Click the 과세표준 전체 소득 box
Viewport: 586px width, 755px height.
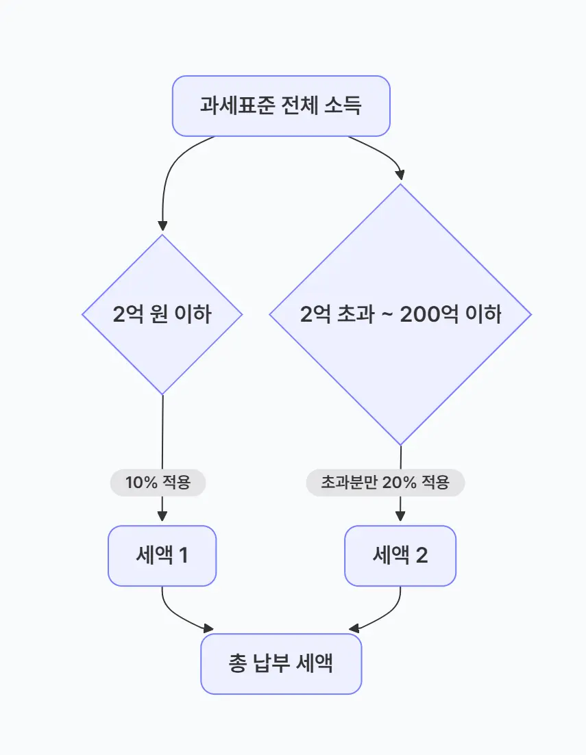click(281, 106)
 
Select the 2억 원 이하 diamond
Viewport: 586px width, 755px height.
click(162, 315)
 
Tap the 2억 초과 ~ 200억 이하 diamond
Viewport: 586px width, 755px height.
click(400, 315)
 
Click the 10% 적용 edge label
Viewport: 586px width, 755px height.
click(158, 483)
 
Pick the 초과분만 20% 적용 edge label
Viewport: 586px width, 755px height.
click(385, 483)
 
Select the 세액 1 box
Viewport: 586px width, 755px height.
click(162, 556)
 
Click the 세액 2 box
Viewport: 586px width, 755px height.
click(400, 556)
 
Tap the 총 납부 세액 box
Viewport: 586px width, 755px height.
click(281, 664)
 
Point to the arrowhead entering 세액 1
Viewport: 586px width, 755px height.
click(162, 519)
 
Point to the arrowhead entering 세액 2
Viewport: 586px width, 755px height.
click(400, 519)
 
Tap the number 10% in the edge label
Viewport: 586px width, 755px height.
click(141, 483)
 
